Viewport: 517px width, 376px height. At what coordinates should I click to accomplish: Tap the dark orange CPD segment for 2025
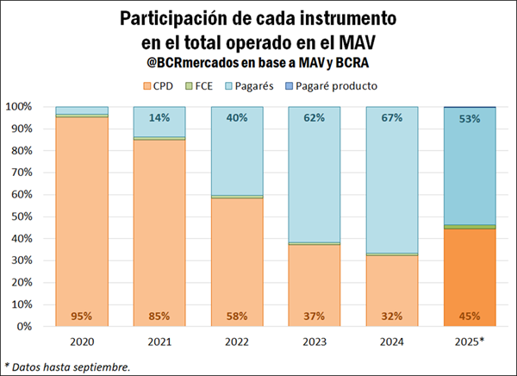coord(470,276)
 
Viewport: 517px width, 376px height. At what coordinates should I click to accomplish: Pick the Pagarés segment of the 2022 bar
coord(237,155)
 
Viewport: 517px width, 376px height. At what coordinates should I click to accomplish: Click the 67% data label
coord(392,118)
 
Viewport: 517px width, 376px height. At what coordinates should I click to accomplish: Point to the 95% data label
coord(82,315)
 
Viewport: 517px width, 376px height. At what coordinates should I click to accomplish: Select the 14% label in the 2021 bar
coord(159,118)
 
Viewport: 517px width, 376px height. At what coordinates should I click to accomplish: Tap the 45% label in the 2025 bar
coord(470,315)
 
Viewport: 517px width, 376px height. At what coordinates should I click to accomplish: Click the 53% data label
coord(470,118)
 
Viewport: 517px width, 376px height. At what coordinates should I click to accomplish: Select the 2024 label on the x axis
coord(392,342)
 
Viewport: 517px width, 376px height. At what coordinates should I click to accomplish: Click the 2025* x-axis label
coord(470,342)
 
